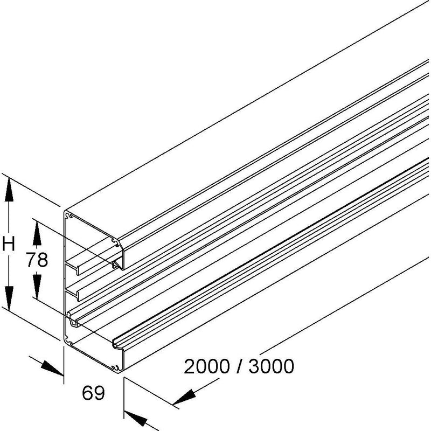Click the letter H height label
9,245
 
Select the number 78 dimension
37,260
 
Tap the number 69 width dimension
93,393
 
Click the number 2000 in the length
206,366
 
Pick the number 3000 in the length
272,366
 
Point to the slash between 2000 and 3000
239,366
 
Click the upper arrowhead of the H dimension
9,190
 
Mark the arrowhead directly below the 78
37,286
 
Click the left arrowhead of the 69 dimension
52,369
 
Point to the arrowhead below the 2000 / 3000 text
184,397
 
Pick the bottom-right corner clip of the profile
115,367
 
